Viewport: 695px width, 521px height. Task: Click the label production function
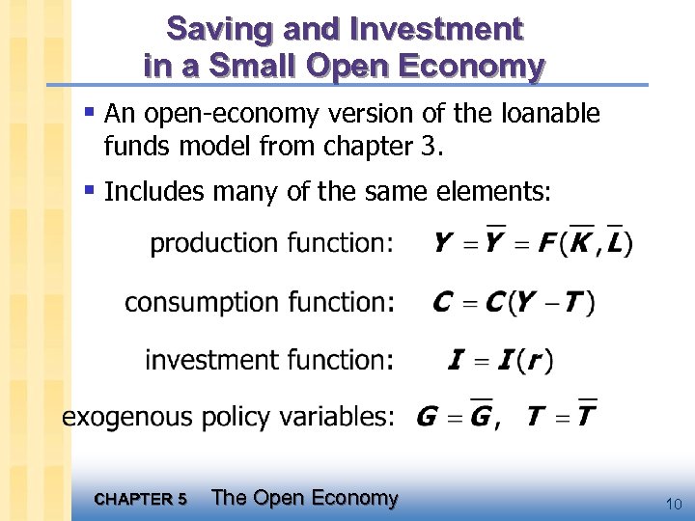(x=272, y=244)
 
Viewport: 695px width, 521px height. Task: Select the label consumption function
(x=260, y=302)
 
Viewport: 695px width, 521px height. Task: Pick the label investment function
(x=269, y=360)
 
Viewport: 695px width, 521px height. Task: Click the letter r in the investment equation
(x=535, y=363)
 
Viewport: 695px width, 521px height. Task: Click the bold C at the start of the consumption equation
(x=443, y=303)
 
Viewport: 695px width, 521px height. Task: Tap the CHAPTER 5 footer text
(x=142, y=499)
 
